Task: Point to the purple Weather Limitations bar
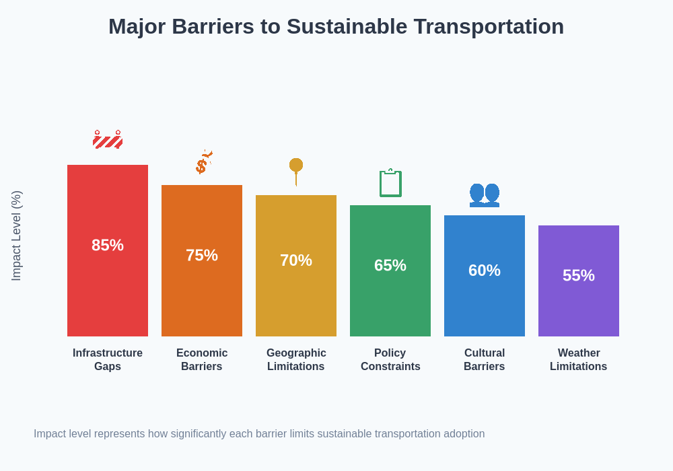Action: click(x=579, y=310)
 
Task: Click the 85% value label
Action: click(x=108, y=246)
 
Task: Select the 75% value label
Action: click(x=202, y=256)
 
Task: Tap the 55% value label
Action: click(x=579, y=276)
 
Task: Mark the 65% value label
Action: click(x=390, y=266)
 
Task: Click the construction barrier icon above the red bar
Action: click(x=108, y=140)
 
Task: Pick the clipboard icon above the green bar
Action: click(x=390, y=183)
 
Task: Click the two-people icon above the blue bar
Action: click(x=485, y=194)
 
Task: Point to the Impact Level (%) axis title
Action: click(x=17, y=235)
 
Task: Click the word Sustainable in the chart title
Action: click(x=347, y=27)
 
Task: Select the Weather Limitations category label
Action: click(x=579, y=360)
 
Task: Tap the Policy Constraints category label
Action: click(x=390, y=360)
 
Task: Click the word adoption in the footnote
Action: click(x=464, y=434)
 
